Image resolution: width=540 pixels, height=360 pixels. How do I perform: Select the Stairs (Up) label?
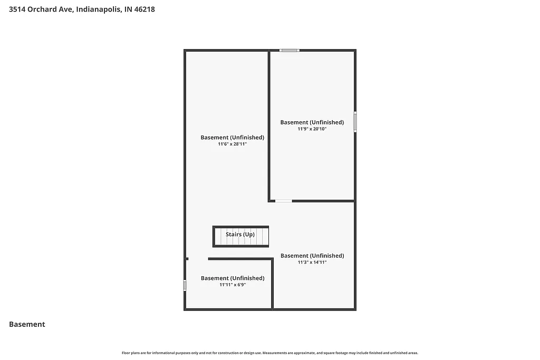click(240, 234)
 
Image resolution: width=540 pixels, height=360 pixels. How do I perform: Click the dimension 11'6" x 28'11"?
click(232, 144)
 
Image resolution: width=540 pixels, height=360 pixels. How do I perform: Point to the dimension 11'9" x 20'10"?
click(312, 129)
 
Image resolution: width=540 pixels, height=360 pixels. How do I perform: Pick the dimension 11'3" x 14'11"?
click(312, 262)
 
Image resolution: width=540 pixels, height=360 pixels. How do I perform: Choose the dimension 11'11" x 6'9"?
click(233, 285)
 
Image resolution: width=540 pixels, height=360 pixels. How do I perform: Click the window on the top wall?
click(290, 50)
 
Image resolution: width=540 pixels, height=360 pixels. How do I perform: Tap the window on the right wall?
click(355, 121)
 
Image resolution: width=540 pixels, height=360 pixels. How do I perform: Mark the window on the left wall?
click(185, 285)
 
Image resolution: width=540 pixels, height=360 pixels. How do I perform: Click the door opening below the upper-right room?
click(284, 201)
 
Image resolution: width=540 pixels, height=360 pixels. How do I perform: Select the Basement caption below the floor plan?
click(27, 325)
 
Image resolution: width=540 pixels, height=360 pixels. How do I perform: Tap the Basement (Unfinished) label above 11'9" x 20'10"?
click(312, 122)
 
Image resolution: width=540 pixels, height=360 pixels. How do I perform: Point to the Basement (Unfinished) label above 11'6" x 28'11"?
click(232, 138)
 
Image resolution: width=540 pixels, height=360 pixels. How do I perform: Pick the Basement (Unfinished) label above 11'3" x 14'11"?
click(312, 256)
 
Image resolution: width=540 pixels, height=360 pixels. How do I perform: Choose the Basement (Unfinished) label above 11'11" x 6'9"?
click(233, 278)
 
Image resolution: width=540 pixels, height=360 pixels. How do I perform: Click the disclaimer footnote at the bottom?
click(270, 353)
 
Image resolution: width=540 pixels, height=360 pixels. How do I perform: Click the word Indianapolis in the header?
click(102, 9)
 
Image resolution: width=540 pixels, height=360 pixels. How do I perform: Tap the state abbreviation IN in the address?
click(128, 9)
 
